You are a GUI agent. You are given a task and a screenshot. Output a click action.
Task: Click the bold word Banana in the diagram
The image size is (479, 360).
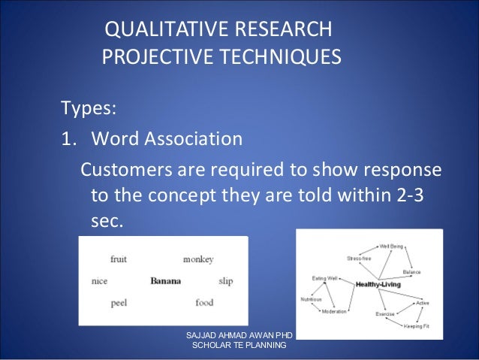click(166, 281)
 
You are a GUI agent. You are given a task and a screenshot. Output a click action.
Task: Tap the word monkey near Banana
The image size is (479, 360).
click(198, 259)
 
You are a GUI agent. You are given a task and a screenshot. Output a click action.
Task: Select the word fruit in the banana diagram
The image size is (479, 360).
click(119, 259)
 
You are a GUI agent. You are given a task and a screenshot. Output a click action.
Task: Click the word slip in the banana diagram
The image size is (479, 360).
click(225, 281)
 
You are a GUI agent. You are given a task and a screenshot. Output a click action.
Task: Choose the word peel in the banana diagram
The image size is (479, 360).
click(119, 303)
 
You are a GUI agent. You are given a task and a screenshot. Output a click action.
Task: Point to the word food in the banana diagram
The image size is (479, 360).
click(204, 303)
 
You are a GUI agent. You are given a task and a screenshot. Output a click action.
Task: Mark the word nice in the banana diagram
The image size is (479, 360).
click(99, 281)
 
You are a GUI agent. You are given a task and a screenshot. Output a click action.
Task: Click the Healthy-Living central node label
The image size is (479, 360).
click(378, 285)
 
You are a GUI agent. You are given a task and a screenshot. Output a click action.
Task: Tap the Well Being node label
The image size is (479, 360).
click(391, 246)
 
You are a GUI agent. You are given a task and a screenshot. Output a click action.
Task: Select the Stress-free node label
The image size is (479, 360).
click(359, 258)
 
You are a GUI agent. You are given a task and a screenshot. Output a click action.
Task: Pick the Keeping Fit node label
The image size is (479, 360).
click(416, 326)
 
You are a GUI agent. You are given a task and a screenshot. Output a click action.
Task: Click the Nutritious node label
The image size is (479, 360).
click(312, 299)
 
